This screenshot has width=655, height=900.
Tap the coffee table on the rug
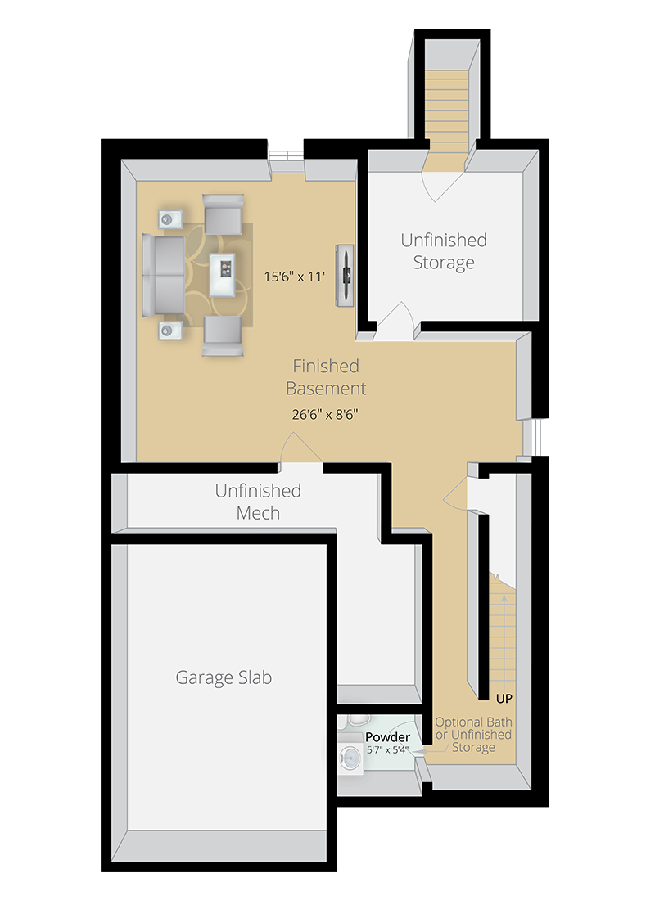click(x=222, y=274)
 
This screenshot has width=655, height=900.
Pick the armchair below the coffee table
click(x=224, y=335)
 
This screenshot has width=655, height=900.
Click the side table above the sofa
click(x=169, y=219)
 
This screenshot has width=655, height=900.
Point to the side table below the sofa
click(x=169, y=331)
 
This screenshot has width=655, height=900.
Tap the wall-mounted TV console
click(x=345, y=275)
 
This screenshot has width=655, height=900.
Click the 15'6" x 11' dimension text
click(x=295, y=277)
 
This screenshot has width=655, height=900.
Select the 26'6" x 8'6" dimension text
click(x=325, y=414)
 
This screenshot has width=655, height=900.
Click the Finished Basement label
click(x=326, y=377)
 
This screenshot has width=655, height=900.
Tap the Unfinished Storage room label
click(x=444, y=251)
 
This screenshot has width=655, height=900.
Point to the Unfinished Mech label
click(x=258, y=502)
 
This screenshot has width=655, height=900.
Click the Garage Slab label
click(x=224, y=677)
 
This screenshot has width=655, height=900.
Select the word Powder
click(x=387, y=737)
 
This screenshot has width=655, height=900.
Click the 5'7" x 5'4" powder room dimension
click(x=387, y=749)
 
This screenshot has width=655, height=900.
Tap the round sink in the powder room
click(x=351, y=758)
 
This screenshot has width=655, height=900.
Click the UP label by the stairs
click(x=505, y=699)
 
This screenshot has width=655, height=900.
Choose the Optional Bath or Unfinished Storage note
click(x=473, y=735)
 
